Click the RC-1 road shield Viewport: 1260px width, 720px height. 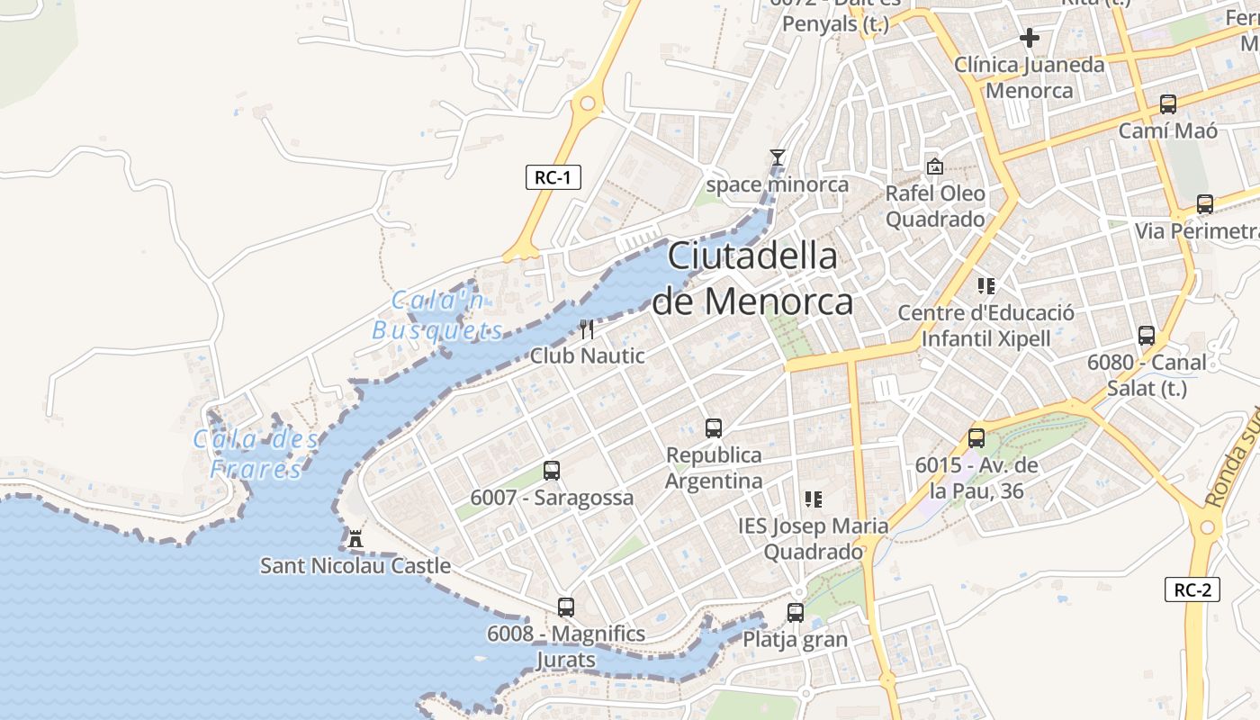(x=553, y=177)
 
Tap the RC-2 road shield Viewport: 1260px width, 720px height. (x=1192, y=589)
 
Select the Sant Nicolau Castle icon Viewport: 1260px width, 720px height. (x=355, y=539)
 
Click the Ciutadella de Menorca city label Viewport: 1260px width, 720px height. (x=752, y=279)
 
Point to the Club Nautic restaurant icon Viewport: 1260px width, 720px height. (x=587, y=329)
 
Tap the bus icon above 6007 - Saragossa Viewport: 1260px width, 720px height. (x=552, y=470)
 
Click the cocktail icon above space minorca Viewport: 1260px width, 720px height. (x=778, y=157)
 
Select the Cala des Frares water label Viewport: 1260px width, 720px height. (x=256, y=454)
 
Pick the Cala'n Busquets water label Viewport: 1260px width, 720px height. (x=437, y=315)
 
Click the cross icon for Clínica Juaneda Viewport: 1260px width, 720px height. (x=1030, y=38)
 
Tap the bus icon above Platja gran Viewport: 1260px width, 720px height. (x=795, y=613)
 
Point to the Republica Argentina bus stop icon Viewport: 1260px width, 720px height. (x=714, y=428)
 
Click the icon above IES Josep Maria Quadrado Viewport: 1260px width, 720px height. (x=813, y=499)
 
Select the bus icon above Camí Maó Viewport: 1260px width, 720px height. (x=1167, y=104)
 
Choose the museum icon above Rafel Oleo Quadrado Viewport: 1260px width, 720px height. (x=935, y=166)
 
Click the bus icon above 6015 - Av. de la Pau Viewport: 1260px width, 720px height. (x=976, y=439)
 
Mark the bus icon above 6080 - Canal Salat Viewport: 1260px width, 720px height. (x=1147, y=336)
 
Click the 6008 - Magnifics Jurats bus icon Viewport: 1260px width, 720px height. (x=565, y=607)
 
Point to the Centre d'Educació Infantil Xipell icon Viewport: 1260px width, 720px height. (x=986, y=286)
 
